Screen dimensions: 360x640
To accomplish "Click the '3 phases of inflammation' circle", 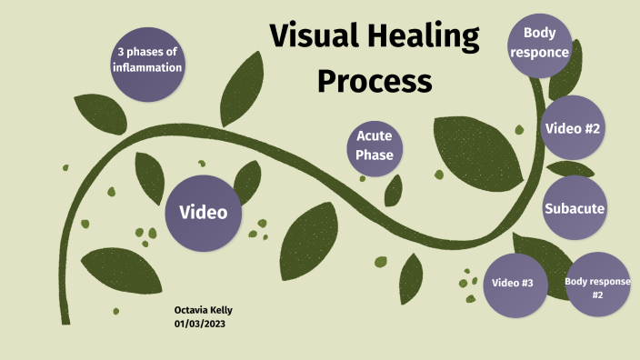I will click(147, 60).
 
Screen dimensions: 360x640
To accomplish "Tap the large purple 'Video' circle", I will click(203, 213).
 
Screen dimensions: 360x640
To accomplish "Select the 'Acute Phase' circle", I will click(375, 145).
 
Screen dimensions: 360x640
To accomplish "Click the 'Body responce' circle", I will click(539, 42).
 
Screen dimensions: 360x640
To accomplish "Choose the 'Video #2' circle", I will click(572, 128).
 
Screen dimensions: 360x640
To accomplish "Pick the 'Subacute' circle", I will click(575, 209).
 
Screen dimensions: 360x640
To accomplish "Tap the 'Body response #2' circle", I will click(597, 286).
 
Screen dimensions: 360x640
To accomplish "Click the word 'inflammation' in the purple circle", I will click(147, 67).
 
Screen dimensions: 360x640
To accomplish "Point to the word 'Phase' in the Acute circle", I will click(375, 155).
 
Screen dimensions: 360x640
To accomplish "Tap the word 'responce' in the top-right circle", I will click(539, 52).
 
